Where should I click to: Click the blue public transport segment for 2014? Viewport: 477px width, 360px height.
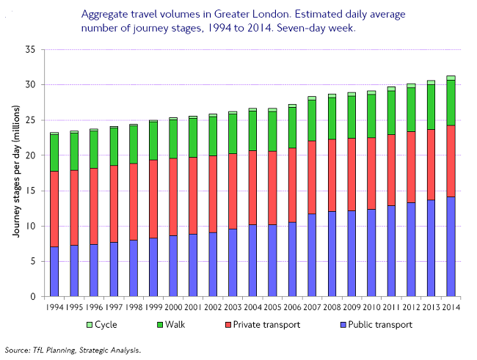pyautogui.click(x=451, y=246)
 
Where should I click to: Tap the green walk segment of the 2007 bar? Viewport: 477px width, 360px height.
pyautogui.click(x=312, y=120)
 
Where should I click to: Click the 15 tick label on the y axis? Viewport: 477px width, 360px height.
pyautogui.click(x=31, y=191)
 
